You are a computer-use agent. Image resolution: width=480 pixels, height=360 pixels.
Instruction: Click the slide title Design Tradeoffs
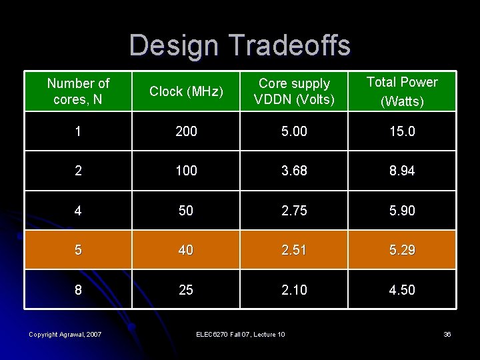(x=239, y=45)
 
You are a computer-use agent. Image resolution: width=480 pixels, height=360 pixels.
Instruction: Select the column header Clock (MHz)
(x=186, y=91)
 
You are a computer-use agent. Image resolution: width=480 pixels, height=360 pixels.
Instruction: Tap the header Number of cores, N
(x=78, y=91)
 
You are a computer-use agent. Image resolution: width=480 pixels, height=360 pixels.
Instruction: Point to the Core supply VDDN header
(x=294, y=91)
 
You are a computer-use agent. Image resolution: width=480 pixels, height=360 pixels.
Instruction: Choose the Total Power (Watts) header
(x=402, y=91)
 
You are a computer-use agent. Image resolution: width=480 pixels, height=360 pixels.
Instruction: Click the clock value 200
(x=186, y=131)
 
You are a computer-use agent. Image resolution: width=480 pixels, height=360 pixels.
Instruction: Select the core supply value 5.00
(x=294, y=131)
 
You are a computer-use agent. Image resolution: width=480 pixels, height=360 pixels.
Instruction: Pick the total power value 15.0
(x=402, y=131)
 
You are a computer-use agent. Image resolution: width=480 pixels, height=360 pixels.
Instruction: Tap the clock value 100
(x=186, y=171)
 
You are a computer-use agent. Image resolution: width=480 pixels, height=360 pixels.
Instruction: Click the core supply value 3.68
(x=294, y=171)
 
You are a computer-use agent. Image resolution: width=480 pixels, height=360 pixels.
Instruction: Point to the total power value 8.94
(x=402, y=171)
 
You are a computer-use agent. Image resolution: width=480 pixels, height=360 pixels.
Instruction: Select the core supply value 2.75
(x=294, y=211)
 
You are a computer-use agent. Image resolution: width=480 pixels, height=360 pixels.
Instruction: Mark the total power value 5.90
(x=402, y=211)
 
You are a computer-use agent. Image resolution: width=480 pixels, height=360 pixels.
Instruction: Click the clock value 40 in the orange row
(x=186, y=250)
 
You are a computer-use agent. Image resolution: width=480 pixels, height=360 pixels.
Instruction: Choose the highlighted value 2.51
(x=294, y=250)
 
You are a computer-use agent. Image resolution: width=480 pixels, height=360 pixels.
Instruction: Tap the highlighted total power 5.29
(x=402, y=250)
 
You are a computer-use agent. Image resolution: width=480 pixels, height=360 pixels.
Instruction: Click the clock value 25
(x=186, y=290)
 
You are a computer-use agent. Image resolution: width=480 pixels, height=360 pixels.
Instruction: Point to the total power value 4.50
(x=402, y=290)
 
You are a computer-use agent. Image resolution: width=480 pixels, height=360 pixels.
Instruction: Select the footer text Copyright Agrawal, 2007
(x=65, y=334)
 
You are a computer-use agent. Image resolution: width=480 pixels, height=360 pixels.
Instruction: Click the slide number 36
(x=447, y=334)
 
